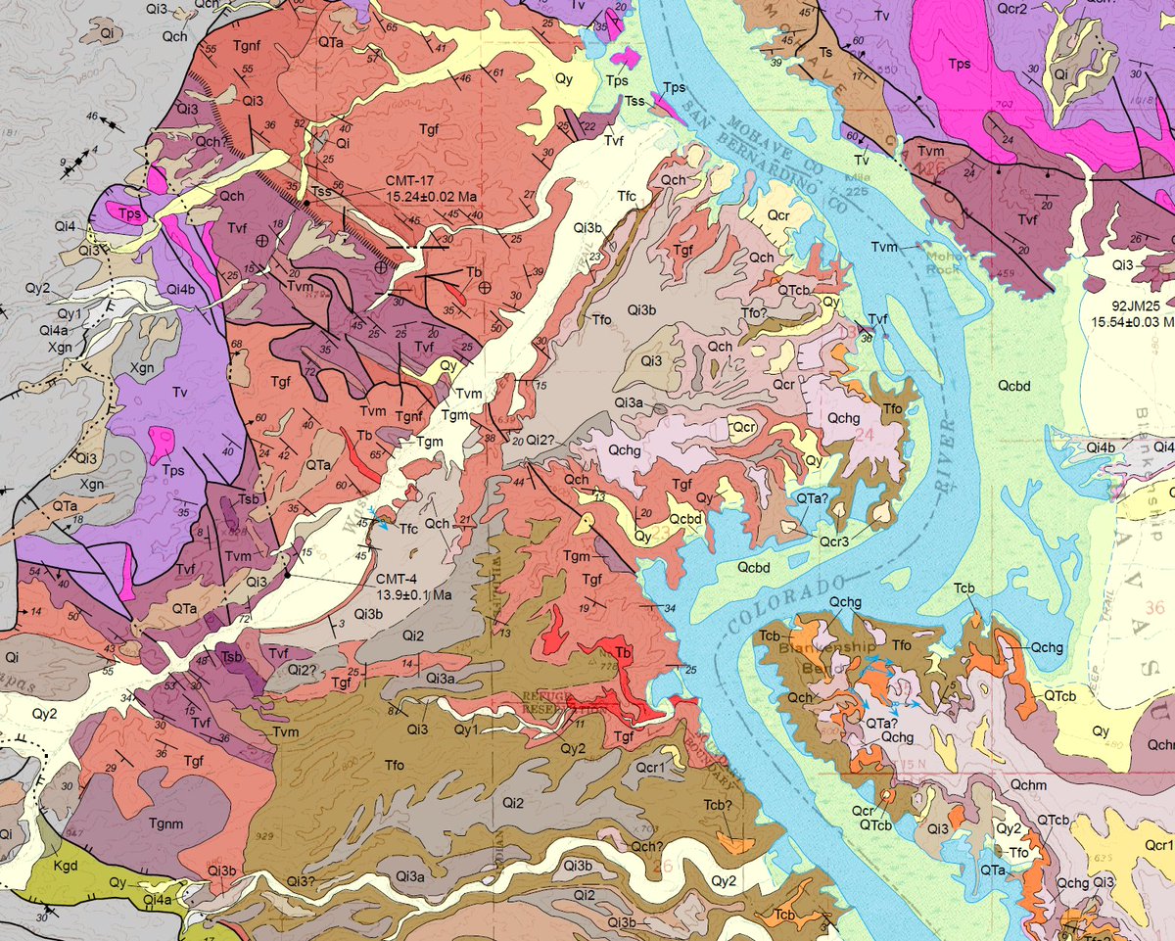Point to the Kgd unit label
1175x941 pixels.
[67, 865]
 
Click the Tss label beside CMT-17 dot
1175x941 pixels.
[320, 190]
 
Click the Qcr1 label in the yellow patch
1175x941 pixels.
[1157, 845]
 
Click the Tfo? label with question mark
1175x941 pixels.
[754, 313]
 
